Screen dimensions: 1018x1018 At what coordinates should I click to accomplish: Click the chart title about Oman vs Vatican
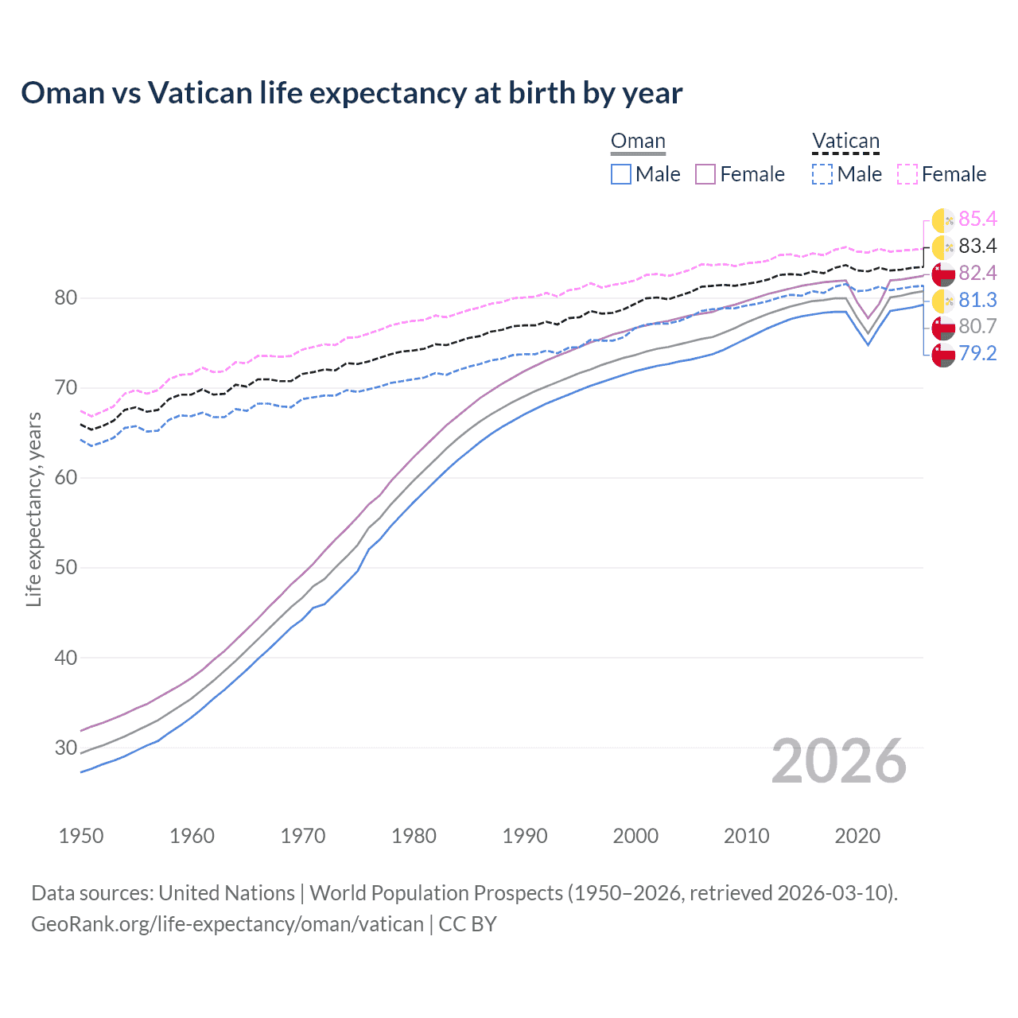(352, 93)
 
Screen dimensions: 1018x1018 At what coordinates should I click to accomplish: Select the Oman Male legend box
(621, 174)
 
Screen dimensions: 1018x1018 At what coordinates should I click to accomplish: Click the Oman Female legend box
(705, 174)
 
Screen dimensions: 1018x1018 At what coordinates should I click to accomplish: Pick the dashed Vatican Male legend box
(822, 174)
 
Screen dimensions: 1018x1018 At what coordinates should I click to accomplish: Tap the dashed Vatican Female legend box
(907, 174)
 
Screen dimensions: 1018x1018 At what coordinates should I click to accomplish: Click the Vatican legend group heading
(845, 142)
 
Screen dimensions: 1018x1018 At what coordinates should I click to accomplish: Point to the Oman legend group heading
(638, 142)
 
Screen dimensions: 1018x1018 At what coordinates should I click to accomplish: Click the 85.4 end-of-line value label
(977, 219)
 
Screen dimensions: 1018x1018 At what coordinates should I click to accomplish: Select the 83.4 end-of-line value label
(977, 246)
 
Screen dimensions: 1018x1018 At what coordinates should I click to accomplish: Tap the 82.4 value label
(977, 273)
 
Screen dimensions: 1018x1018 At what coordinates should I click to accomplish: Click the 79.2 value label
(977, 353)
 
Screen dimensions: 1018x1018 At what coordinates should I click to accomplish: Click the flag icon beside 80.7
(943, 327)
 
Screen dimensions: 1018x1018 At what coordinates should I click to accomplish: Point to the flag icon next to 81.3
(943, 301)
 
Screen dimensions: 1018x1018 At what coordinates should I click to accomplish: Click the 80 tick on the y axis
(65, 298)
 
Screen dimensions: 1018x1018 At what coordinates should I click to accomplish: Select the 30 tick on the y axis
(65, 748)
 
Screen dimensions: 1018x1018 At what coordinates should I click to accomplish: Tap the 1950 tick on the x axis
(81, 836)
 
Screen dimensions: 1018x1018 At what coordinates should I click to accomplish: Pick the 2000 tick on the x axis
(635, 836)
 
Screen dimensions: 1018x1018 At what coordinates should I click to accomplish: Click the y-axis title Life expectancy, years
(33, 509)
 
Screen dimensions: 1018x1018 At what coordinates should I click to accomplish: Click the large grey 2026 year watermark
(838, 761)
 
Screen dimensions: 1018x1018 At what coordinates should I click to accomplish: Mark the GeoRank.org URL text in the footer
(227, 923)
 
